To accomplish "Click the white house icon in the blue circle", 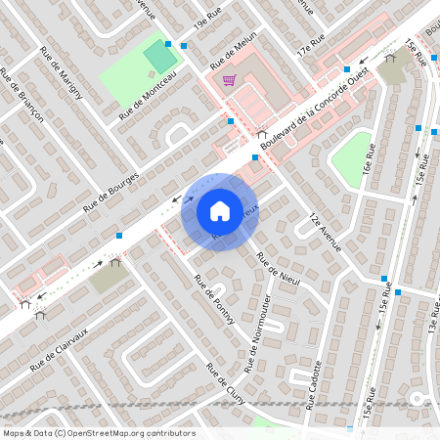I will (x=220, y=211).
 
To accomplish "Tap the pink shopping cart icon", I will (x=229, y=80).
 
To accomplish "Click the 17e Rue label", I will (x=311, y=42).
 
